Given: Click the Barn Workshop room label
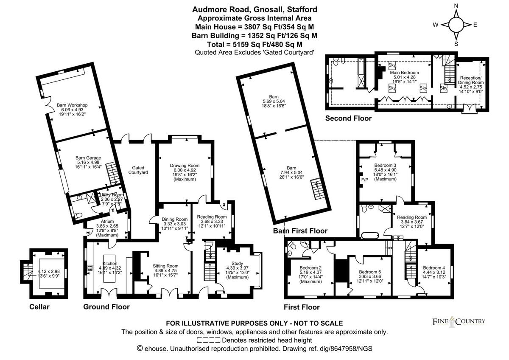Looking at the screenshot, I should point(72,105).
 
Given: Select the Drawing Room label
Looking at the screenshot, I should point(185,166).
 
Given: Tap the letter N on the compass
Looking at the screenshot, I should point(456,6).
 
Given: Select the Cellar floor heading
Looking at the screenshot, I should point(39,307).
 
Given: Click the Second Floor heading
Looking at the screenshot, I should point(348,118).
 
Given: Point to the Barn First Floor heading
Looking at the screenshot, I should point(300,231).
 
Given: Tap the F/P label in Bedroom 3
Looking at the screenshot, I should point(364,180).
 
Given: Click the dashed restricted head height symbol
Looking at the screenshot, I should point(208,340).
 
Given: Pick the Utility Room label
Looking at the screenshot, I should point(111,194).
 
